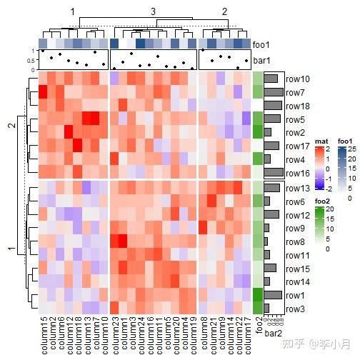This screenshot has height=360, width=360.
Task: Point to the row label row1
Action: pyautogui.click(x=294, y=295)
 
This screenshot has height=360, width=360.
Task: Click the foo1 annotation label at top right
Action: pyautogui.click(x=262, y=44)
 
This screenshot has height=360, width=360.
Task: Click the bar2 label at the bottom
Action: pyautogui.click(x=274, y=332)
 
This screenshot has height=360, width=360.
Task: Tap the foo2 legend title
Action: pyautogui.click(x=324, y=201)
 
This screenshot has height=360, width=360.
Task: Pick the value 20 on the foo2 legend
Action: pyautogui.click(x=329, y=209)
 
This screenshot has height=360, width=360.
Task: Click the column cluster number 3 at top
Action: pyautogui.click(x=153, y=11)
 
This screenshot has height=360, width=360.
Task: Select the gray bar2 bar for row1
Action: pyautogui.click(x=273, y=295)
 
